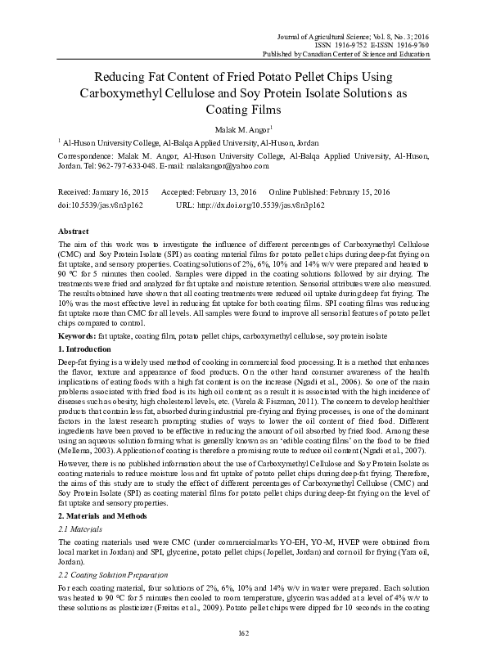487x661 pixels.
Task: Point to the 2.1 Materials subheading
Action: point(80,531)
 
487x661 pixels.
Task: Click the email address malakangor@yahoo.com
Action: point(229,166)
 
